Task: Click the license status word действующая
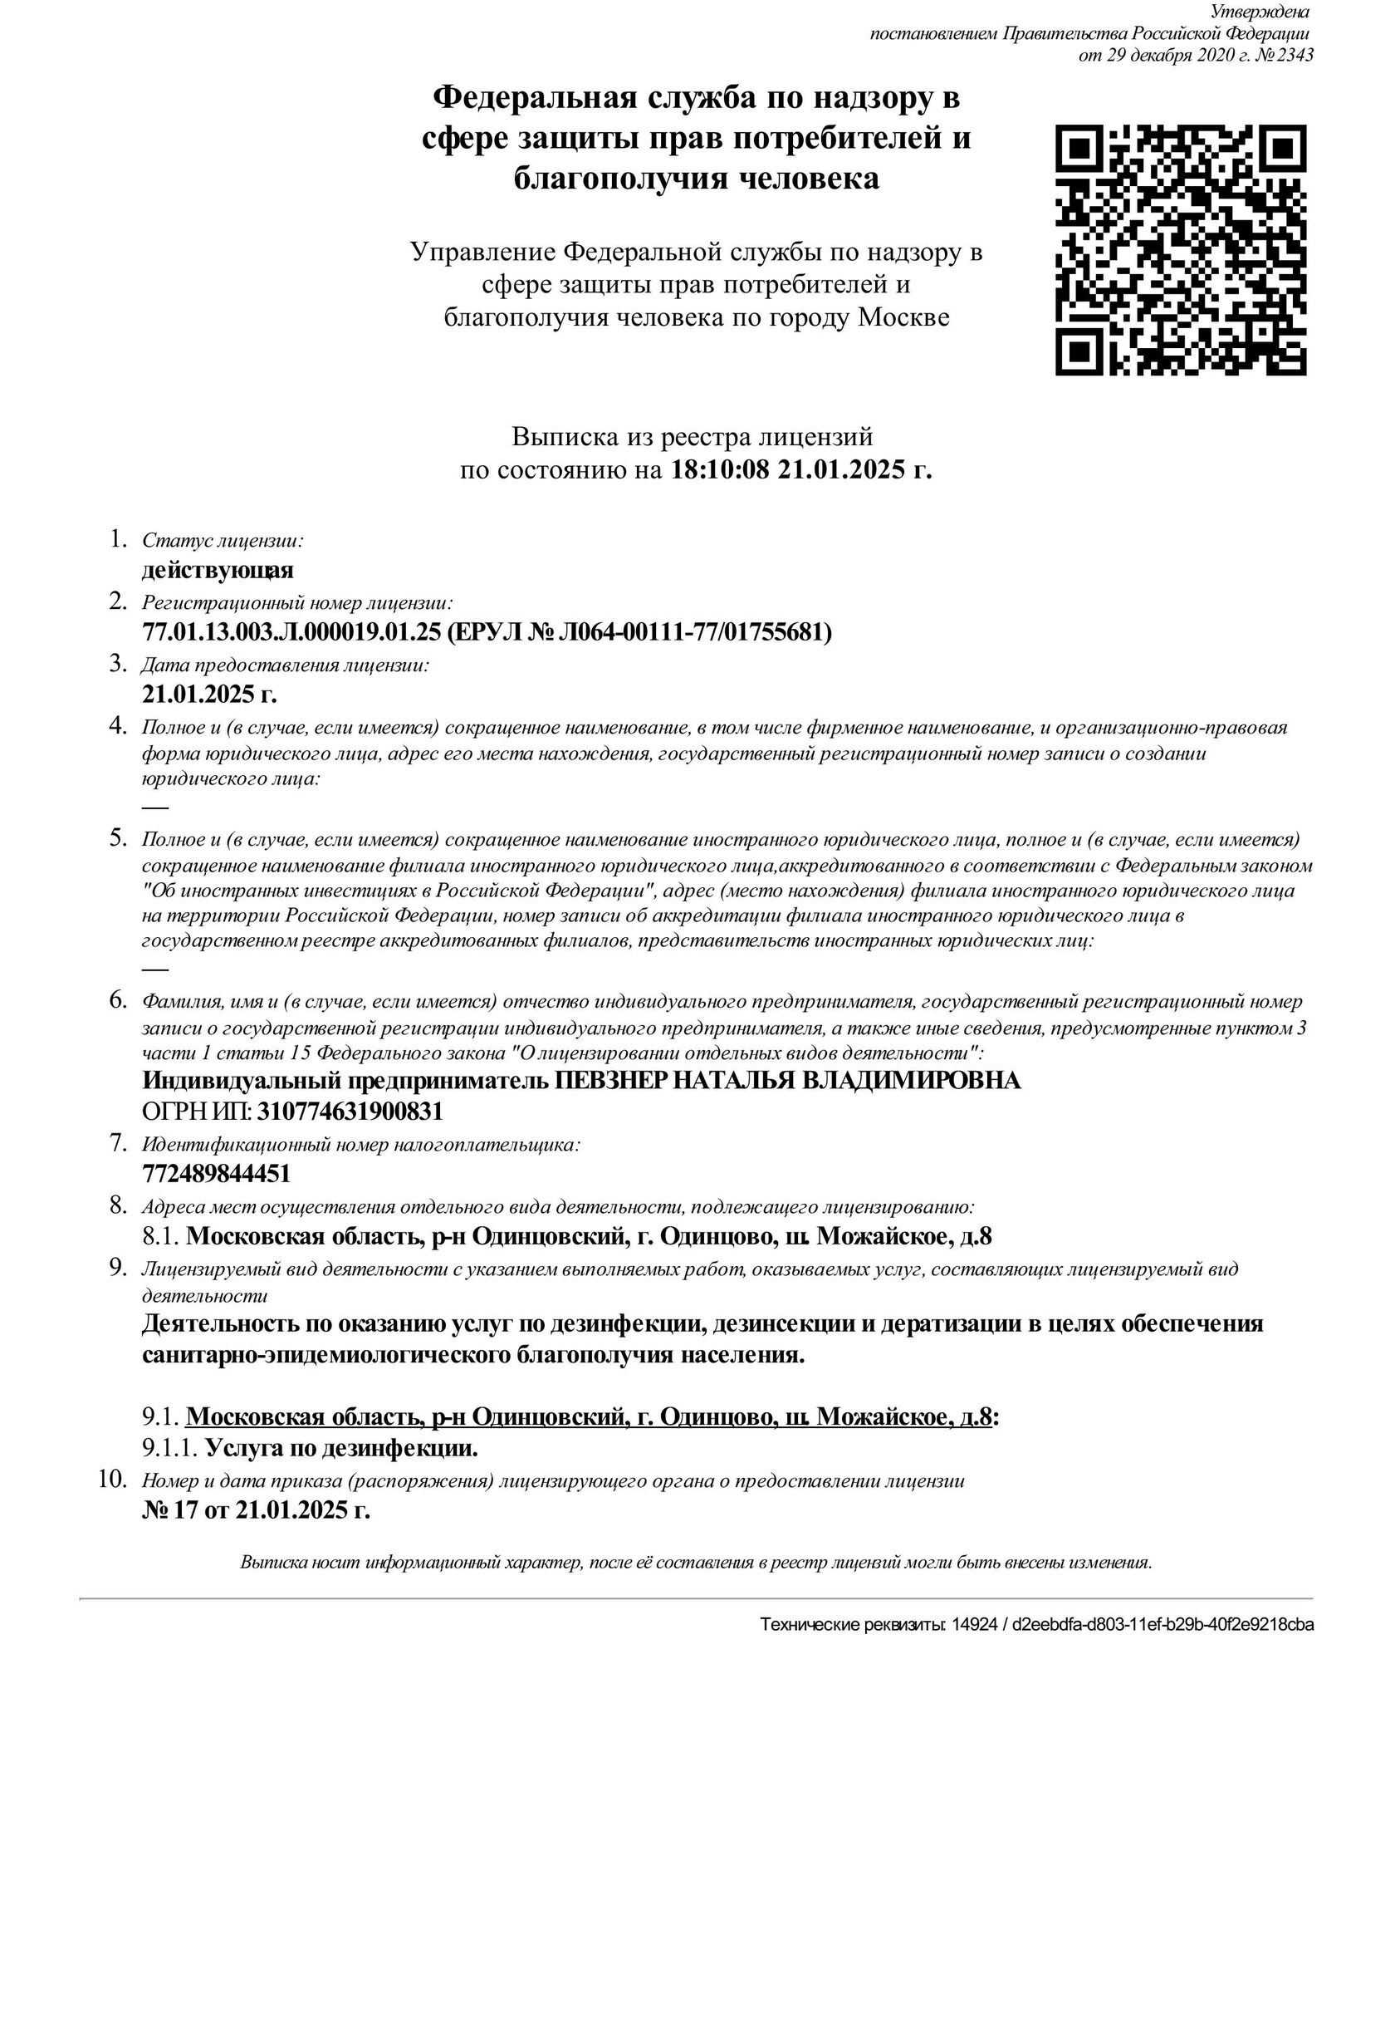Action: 218,571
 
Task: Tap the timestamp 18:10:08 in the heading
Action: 719,470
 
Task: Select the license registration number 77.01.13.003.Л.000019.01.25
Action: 291,632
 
